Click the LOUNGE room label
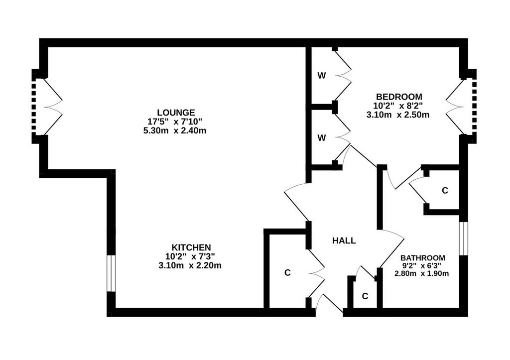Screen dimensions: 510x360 176,113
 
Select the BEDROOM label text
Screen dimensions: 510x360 399,97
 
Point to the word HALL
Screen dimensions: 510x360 344,240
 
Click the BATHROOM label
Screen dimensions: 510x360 422,258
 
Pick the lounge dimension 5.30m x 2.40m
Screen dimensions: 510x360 175,131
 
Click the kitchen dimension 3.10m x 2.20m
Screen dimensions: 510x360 190,265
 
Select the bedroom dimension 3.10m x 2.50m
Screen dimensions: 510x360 398,115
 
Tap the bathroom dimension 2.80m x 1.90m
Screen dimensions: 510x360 421,273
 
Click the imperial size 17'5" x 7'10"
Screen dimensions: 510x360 175,121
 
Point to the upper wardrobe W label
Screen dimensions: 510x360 322,76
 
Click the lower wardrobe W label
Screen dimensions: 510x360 322,138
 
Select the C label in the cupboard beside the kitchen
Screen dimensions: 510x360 287,273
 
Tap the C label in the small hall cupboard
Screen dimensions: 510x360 365,296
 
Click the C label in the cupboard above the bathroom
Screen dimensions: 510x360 445,191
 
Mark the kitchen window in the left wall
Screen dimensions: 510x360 111,273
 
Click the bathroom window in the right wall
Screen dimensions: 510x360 464,239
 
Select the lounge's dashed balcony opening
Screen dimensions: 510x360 33,107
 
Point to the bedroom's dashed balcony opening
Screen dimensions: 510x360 474,107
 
